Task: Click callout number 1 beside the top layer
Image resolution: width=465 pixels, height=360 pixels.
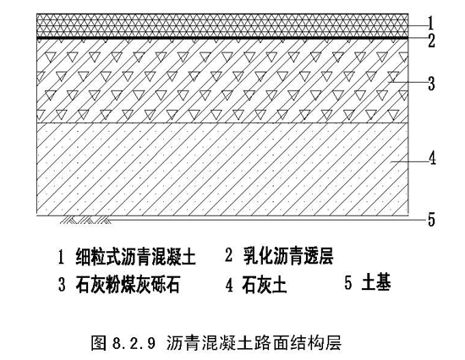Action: [x=431, y=23]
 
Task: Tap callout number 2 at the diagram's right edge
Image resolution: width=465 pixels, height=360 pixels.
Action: [x=431, y=41]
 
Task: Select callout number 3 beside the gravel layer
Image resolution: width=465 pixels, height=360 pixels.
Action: [x=431, y=84]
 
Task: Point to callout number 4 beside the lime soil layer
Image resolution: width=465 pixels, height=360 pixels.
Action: [x=432, y=158]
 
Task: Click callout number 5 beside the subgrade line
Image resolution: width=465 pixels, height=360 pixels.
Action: [x=431, y=220]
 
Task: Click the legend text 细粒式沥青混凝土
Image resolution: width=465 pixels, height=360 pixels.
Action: [x=136, y=257]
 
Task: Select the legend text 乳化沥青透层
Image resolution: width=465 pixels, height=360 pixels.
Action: [x=288, y=255]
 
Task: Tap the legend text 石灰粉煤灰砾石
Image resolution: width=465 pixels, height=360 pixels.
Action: [x=128, y=284]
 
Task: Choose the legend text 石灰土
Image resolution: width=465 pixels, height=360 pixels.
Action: [x=265, y=284]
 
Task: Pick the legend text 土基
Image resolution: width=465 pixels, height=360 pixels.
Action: [x=376, y=281]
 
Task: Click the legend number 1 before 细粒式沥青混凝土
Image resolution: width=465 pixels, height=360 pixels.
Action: [x=61, y=257]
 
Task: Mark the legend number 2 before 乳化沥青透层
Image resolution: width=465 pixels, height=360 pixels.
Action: [x=228, y=255]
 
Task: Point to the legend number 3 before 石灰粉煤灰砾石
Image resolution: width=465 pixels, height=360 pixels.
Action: [x=62, y=285]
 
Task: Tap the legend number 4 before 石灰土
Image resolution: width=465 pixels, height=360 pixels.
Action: [x=229, y=285]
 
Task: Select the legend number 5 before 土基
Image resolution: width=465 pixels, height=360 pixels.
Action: [x=348, y=282]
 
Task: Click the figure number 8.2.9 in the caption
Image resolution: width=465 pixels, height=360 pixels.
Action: [x=134, y=343]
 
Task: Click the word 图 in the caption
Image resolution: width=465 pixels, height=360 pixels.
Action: [x=99, y=343]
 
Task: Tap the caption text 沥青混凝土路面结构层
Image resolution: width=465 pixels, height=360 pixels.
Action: [x=254, y=343]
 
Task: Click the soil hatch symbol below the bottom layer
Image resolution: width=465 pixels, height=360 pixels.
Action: [x=86, y=220]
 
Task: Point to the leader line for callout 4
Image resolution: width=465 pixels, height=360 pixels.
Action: [x=409, y=161]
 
